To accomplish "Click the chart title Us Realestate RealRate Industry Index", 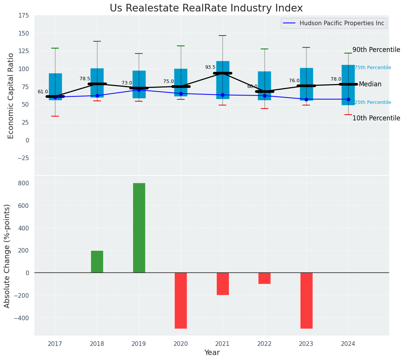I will tap(206, 8).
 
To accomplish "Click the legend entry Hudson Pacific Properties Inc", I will tap(342, 23).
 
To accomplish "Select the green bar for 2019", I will tap(139, 228).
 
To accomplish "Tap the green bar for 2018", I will tap(97, 262).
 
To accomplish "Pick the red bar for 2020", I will tap(181, 300).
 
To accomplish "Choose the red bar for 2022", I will tap(264, 278).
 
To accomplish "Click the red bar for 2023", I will tap(306, 300).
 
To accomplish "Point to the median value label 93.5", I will tap(210, 67).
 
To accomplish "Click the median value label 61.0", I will tap(43, 92).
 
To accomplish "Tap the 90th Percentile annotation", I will tap(376, 50).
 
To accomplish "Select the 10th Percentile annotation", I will tap(376, 118).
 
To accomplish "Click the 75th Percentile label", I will tap(373, 68).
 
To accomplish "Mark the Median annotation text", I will tap(370, 84).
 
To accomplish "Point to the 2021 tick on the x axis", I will tap(222, 344).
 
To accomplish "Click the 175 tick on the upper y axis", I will tap(23, 15).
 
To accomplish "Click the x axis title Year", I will tap(212, 353).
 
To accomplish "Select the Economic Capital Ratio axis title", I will tap(11, 96).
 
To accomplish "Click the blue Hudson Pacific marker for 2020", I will tap(181, 94).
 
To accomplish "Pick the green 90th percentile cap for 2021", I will tap(222, 36).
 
